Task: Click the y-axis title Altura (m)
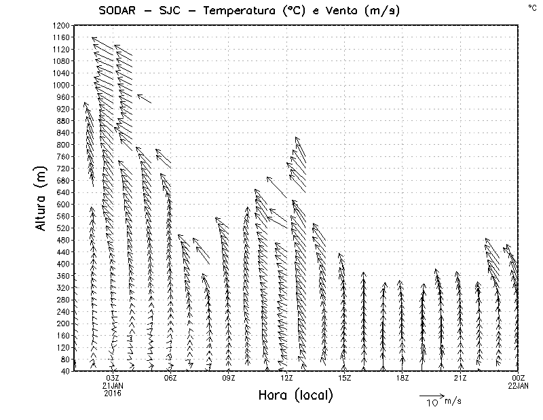click(42, 198)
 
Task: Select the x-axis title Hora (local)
click(296, 396)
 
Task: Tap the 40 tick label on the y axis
click(64, 371)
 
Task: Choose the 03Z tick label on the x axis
click(113, 378)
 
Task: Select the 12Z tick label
click(286, 378)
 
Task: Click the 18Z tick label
click(402, 378)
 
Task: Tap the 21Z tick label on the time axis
click(460, 378)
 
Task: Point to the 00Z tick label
click(519, 378)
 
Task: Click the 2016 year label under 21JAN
click(113, 393)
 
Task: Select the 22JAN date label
click(519, 385)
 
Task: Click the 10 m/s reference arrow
click(431, 394)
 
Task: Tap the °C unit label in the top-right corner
click(531, 7)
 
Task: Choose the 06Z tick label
click(170, 378)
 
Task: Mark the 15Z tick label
click(344, 378)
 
